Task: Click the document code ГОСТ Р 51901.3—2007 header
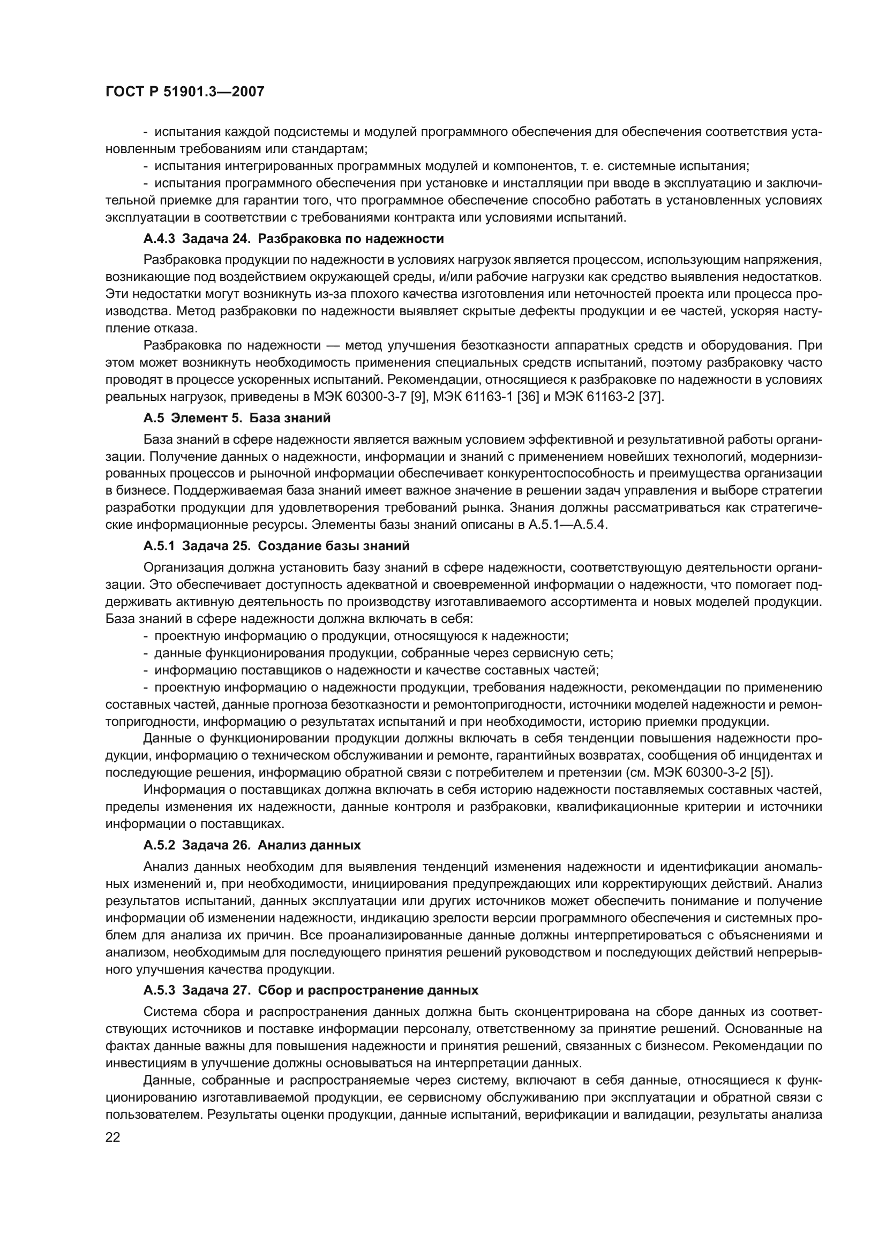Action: pos(184,92)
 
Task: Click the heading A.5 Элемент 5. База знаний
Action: pos(237,418)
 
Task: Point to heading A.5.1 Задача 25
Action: pos(276,546)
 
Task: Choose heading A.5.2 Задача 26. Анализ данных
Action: pos(252,845)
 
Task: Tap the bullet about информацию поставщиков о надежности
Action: pos(377,670)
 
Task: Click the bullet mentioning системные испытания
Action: pos(452,166)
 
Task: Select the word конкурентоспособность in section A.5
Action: pos(581,473)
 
